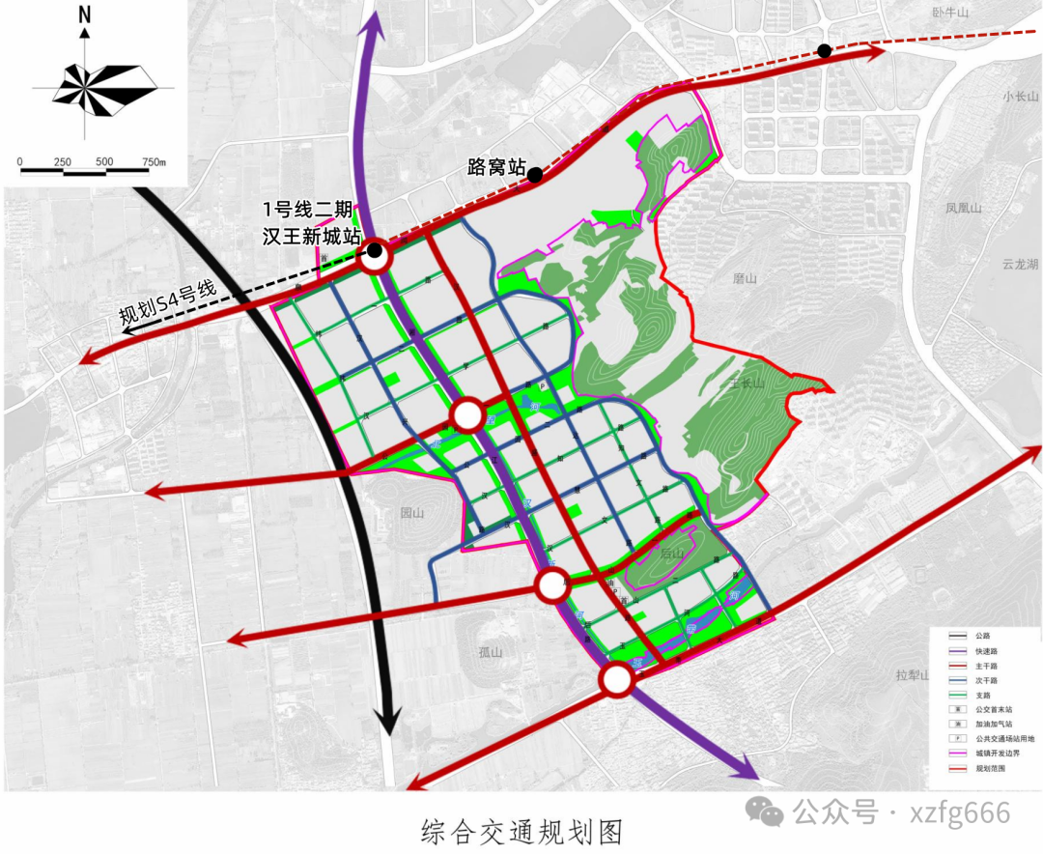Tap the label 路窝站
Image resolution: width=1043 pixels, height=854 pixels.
pyautogui.click(x=495, y=166)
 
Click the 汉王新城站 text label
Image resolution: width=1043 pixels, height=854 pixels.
pyautogui.click(x=312, y=236)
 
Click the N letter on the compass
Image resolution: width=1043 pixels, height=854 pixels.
pyautogui.click(x=85, y=14)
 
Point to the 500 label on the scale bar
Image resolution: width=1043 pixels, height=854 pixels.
pyautogui.click(x=104, y=160)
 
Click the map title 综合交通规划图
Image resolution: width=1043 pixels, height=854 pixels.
pyautogui.click(x=521, y=829)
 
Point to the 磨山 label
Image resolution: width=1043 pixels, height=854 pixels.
pyautogui.click(x=744, y=278)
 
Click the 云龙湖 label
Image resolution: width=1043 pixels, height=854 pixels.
pyautogui.click(x=1020, y=264)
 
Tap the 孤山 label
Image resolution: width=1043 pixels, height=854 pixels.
pyautogui.click(x=492, y=652)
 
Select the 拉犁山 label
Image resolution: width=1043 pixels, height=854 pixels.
pyautogui.click(x=911, y=675)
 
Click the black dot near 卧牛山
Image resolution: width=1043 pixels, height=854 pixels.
pyautogui.click(x=824, y=51)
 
